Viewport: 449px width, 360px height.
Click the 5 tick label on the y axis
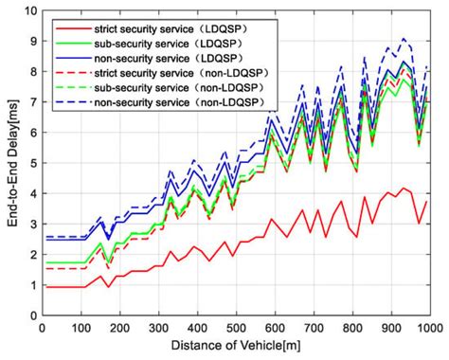pyautogui.click(x=31, y=163)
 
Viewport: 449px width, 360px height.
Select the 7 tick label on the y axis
pyautogui.click(x=31, y=102)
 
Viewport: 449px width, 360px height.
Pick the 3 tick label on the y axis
pyautogui.click(x=31, y=225)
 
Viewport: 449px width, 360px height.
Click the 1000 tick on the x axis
pyautogui.click(x=429, y=328)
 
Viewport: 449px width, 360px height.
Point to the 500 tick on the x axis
pyautogui.click(x=235, y=328)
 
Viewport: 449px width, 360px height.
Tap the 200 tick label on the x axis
pyautogui.click(x=118, y=328)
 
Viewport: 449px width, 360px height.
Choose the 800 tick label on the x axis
pyautogui.click(x=351, y=328)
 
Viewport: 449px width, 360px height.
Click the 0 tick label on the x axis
pyautogui.click(x=42, y=328)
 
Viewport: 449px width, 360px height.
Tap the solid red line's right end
pyautogui.click(x=429, y=202)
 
